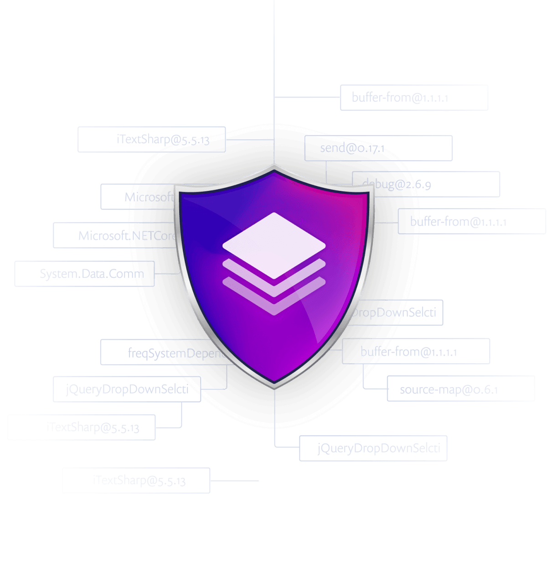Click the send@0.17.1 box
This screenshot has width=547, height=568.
(378, 148)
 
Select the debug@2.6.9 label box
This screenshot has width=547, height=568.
(426, 184)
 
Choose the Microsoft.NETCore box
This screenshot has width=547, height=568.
(116, 235)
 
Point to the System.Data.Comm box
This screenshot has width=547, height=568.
(84, 274)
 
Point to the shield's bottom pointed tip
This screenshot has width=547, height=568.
(274, 385)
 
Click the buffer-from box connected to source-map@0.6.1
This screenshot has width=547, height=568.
(416, 351)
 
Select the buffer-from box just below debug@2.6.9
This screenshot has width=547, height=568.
(471, 222)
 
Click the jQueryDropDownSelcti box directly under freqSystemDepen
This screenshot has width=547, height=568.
(127, 389)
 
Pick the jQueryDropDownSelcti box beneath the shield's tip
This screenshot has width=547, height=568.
(373, 449)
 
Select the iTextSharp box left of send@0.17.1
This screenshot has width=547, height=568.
(151, 139)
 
